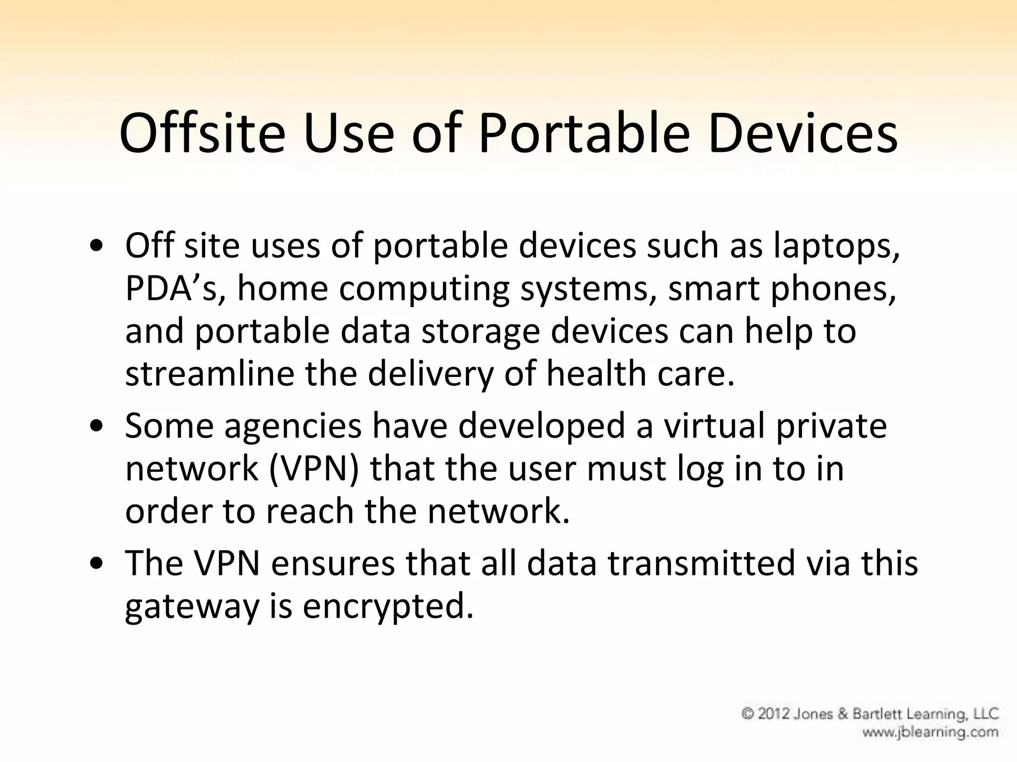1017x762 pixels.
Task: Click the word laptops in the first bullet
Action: coord(836,247)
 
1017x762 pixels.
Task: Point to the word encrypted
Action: coord(388,606)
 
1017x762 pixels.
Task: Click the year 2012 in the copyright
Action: coord(774,714)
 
